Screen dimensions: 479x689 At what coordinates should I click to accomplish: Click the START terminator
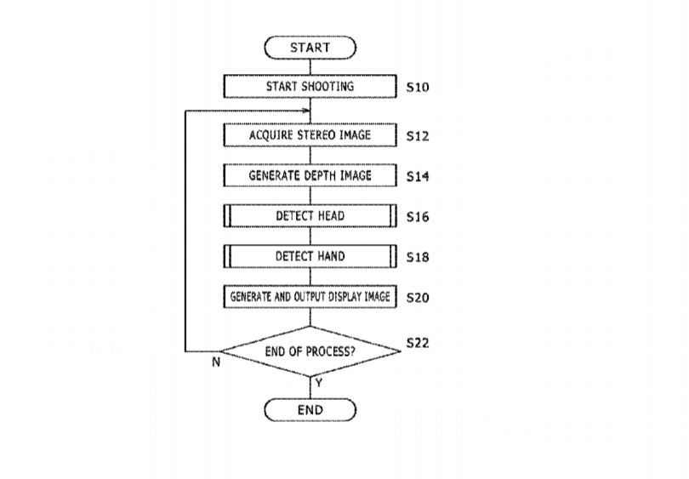(x=310, y=48)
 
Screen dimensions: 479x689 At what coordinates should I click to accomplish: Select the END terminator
(x=310, y=410)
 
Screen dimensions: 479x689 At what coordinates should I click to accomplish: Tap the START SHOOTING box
(x=310, y=87)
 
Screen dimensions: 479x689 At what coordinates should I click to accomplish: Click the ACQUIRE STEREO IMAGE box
(x=310, y=135)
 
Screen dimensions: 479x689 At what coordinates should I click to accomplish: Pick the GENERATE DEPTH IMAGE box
(x=310, y=175)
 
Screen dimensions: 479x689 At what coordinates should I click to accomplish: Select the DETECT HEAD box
(x=310, y=216)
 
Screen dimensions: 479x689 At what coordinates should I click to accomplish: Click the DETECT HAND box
(x=310, y=256)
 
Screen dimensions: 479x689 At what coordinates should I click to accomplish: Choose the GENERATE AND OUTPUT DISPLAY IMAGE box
(x=310, y=297)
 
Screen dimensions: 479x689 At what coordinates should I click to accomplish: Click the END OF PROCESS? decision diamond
(x=310, y=351)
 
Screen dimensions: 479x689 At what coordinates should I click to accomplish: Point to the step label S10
(x=418, y=88)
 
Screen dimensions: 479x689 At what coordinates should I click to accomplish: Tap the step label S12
(x=418, y=136)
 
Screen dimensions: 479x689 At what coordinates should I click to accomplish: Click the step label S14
(x=418, y=177)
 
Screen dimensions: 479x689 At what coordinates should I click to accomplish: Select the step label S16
(x=418, y=218)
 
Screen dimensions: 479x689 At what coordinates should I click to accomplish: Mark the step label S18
(x=418, y=257)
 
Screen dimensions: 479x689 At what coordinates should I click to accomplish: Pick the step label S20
(x=418, y=298)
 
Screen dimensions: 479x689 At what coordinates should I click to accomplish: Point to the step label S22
(x=418, y=343)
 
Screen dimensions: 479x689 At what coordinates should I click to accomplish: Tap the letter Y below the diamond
(x=319, y=383)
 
